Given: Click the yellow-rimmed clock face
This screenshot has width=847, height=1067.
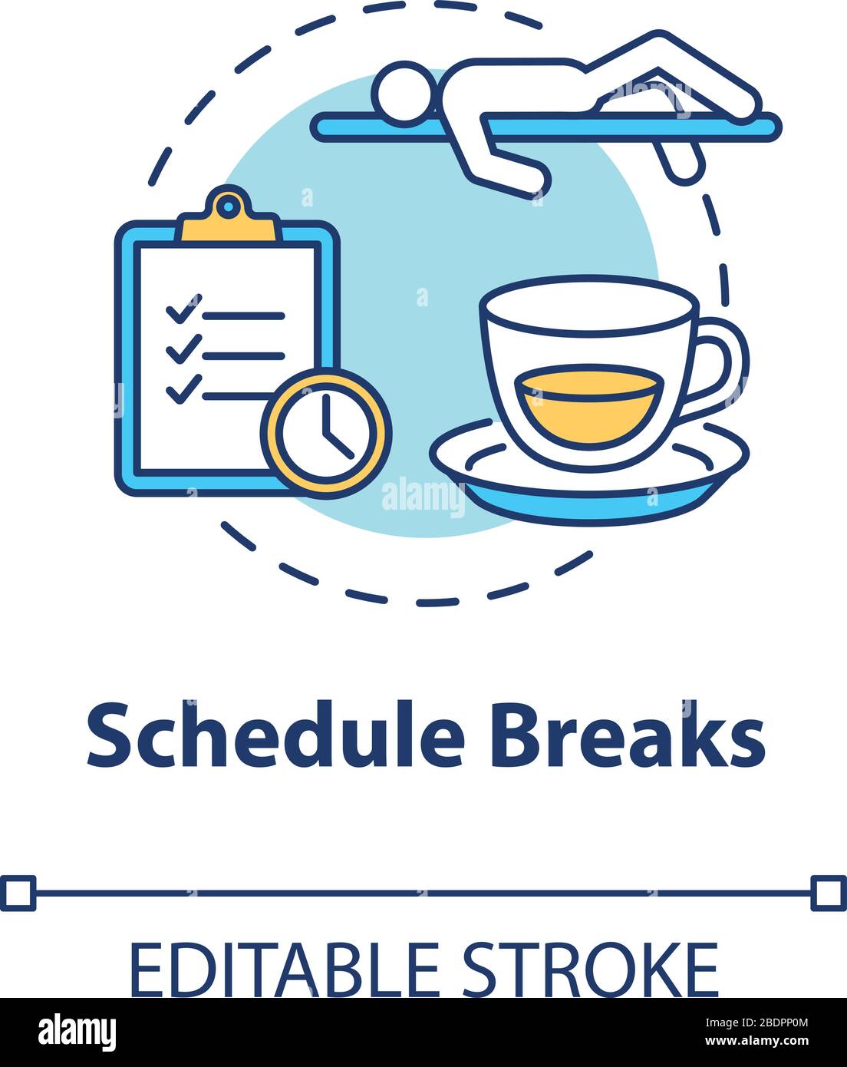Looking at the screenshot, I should coord(326,431).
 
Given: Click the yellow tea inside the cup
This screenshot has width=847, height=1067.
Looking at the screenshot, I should coord(588,403).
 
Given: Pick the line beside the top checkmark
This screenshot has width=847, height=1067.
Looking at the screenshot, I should coord(242,315).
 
